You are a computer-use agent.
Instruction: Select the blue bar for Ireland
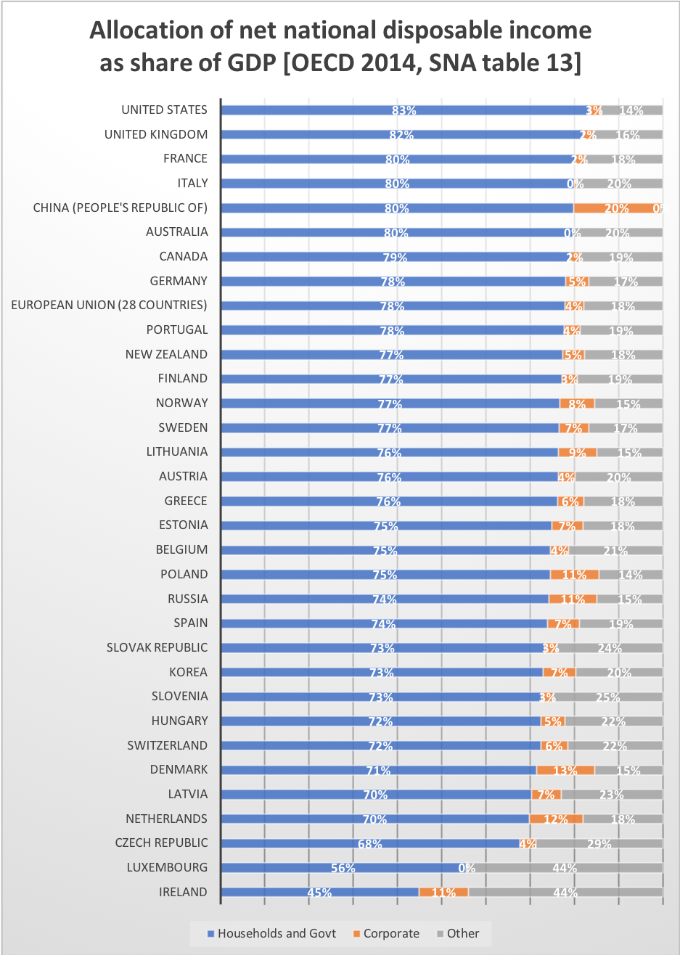pos(319,892)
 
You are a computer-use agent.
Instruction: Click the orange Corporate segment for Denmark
pos(565,770)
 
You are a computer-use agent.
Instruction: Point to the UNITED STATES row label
pos(164,110)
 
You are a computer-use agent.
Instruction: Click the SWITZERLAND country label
pos(167,745)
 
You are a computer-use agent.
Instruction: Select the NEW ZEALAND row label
pos(166,354)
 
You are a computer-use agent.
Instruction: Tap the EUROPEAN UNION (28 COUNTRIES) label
pos(109,305)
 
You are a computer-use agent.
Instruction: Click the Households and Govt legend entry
pos(271,933)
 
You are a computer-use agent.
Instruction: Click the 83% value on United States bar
pos(404,111)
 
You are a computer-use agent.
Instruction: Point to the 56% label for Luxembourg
pos(343,869)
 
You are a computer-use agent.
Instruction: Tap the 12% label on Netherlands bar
pos(556,819)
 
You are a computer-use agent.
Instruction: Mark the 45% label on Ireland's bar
pos(319,893)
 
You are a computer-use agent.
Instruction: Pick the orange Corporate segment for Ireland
pos(443,892)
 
